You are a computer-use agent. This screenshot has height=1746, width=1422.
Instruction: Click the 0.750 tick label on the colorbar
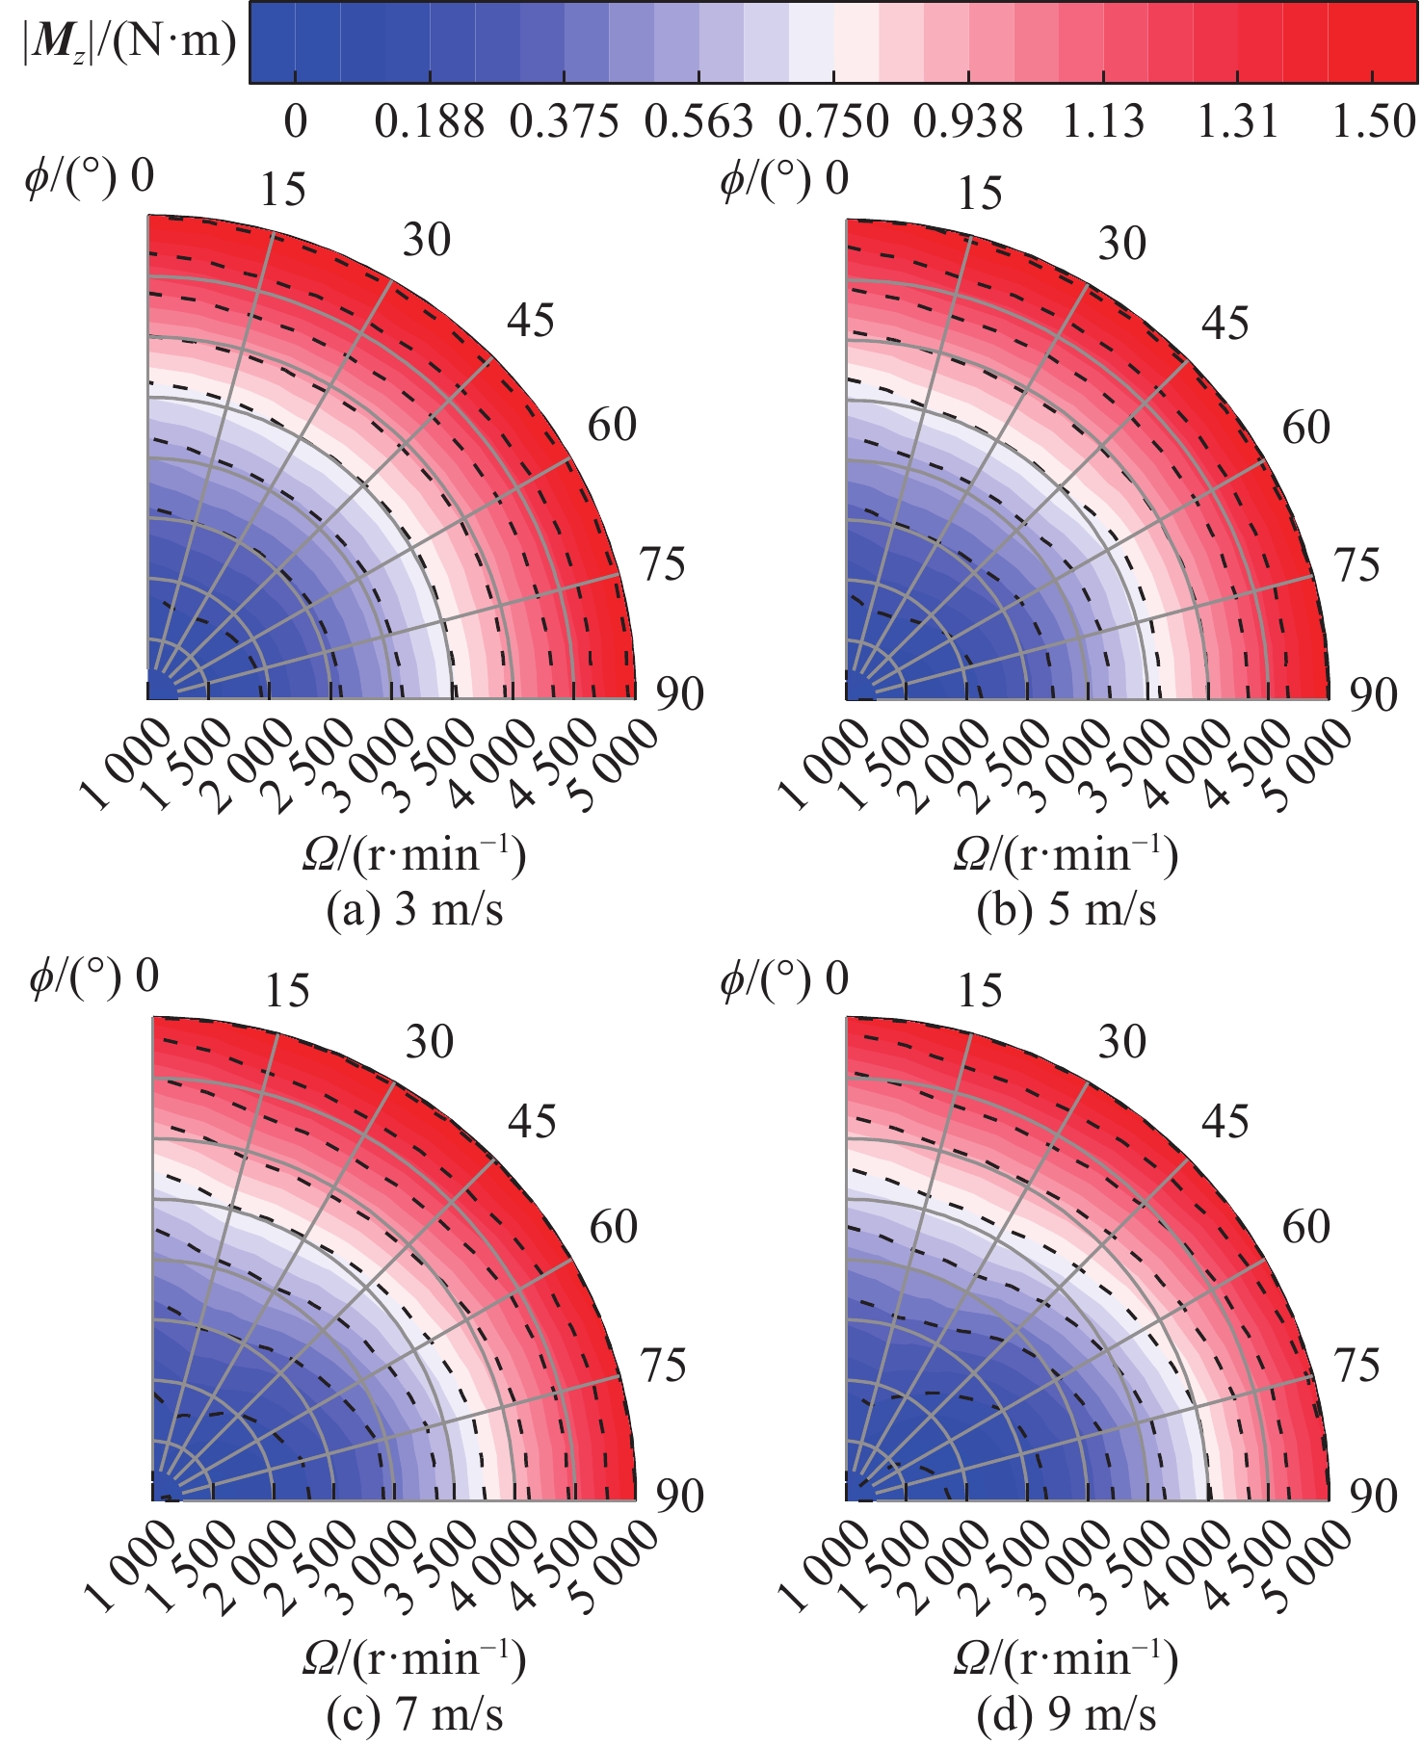click(x=833, y=122)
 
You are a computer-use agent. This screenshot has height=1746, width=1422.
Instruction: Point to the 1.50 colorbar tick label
click(x=1374, y=122)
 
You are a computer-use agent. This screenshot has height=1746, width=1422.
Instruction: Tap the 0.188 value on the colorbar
click(x=430, y=122)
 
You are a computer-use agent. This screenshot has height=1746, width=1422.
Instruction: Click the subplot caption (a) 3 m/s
click(x=415, y=910)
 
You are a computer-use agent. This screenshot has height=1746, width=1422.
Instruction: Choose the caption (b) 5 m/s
click(x=1066, y=910)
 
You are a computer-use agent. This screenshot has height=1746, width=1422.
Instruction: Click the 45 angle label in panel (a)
click(x=531, y=320)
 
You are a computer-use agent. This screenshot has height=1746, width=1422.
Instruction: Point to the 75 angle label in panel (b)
click(x=1357, y=565)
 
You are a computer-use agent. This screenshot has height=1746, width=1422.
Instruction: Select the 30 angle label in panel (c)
click(x=429, y=1042)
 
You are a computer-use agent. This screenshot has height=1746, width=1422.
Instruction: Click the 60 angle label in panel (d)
click(x=1305, y=1227)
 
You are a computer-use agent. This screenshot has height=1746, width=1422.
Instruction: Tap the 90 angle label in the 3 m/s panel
click(x=680, y=694)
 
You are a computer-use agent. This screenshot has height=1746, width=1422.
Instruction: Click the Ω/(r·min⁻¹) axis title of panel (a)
click(x=415, y=855)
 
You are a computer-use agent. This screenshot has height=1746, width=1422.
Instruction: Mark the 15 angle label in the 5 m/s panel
click(x=980, y=194)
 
